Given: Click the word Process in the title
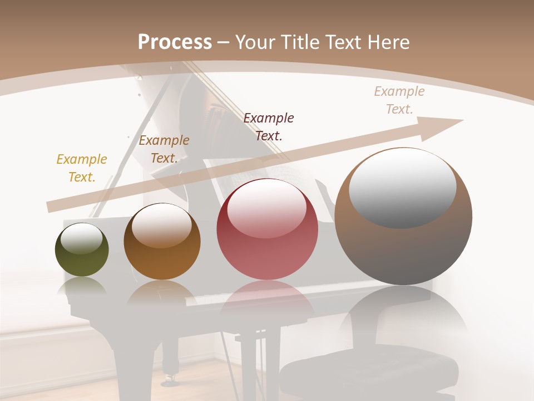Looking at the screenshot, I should pos(175,42).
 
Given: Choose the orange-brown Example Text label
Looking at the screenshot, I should pos(164,149).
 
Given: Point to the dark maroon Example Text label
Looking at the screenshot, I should pos(269,126).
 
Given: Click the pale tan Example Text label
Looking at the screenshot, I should pos(399,100).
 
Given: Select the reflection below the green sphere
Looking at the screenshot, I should pos(82,287).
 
